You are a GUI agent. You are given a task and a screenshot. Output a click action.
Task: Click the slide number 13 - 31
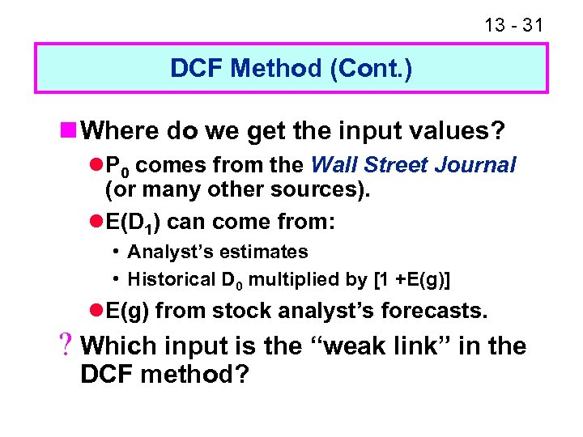click(x=513, y=24)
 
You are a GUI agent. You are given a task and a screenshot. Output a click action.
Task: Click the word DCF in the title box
click(x=197, y=69)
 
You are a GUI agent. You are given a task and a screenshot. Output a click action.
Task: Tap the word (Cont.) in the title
click(x=372, y=69)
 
